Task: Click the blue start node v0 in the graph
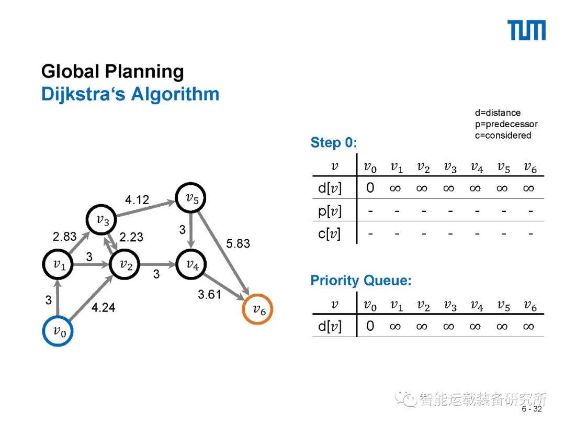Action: point(58,331)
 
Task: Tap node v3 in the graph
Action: point(103,220)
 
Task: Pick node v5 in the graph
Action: point(190,198)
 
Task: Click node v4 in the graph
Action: point(191,265)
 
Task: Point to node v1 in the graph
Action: point(58,265)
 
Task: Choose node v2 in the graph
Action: point(125,265)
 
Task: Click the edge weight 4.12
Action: point(137,199)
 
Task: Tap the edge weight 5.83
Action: point(238,243)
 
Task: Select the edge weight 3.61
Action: point(209,295)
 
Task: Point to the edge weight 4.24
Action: point(103,308)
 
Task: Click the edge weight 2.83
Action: point(64,237)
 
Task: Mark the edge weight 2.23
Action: point(131,237)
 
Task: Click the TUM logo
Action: point(527,30)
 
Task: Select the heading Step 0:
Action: point(333,142)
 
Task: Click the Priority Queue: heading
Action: point(361,281)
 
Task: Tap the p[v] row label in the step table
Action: point(330,211)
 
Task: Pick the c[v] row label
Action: point(329,233)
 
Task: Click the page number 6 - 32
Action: point(532,409)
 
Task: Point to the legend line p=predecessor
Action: point(506,124)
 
